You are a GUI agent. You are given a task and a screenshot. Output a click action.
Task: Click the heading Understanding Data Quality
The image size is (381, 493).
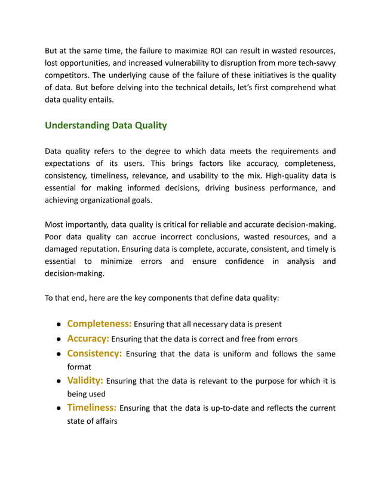(106, 125)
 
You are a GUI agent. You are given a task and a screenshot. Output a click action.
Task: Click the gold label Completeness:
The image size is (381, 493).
(99, 323)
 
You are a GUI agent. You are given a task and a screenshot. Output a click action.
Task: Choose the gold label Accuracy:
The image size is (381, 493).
(88, 338)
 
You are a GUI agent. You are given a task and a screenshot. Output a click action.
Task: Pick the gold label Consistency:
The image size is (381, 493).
(94, 353)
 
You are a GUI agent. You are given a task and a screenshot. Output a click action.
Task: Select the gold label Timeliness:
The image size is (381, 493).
(92, 408)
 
